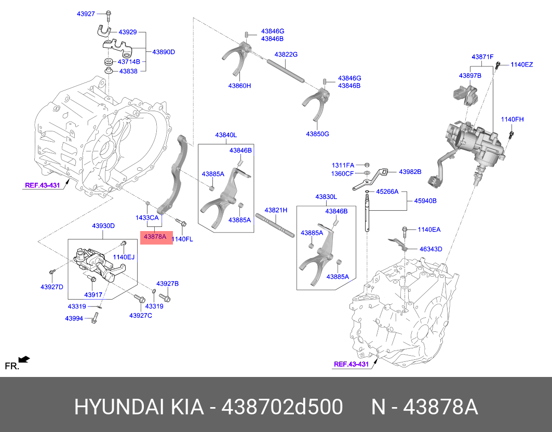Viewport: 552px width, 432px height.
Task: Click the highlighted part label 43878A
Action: point(155,237)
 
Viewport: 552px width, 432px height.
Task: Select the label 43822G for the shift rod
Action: point(286,55)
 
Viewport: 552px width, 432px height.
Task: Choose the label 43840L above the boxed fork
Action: point(226,135)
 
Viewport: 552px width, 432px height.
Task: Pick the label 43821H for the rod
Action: point(275,210)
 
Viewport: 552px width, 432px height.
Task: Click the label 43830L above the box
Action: point(326,197)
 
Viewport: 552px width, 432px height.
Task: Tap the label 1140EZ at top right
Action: point(521,64)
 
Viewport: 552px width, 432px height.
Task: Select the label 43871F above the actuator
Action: point(482,56)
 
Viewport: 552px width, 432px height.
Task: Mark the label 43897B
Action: point(470,75)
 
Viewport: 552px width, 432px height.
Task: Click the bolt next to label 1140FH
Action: point(511,135)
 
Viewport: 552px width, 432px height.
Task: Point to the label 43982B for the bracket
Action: point(410,171)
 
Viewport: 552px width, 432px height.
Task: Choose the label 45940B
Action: point(425,200)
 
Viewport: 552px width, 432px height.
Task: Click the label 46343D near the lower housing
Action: point(430,249)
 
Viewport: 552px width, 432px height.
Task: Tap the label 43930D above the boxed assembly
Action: point(103,226)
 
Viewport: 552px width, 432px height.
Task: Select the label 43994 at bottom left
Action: point(74,318)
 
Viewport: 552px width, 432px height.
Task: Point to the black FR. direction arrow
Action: point(24,359)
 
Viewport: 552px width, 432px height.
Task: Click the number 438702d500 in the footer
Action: point(282,407)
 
